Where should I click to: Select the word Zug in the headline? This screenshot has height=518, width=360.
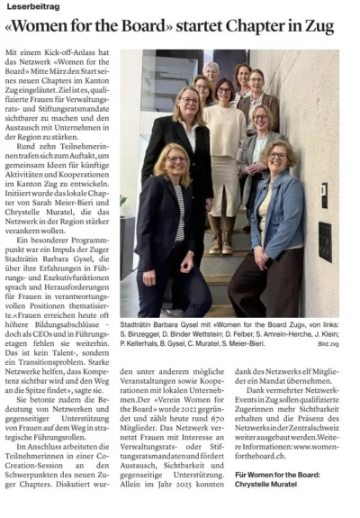coord(333,29)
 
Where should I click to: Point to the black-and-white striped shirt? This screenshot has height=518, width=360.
coord(179,220)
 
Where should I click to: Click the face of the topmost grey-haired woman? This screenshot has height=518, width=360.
coord(211,71)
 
